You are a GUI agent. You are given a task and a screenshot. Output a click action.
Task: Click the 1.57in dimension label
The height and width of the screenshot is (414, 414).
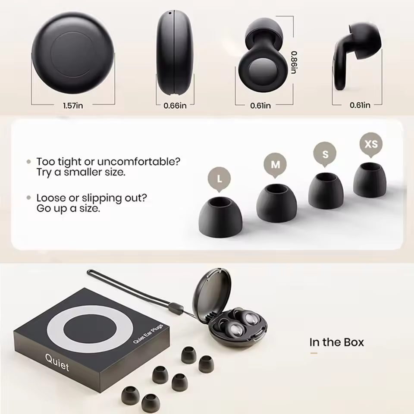pos(73,105)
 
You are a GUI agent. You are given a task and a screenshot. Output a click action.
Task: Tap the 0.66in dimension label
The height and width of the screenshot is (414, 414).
pos(175,105)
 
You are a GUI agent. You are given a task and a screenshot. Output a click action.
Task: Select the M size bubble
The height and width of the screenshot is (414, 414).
pos(275,164)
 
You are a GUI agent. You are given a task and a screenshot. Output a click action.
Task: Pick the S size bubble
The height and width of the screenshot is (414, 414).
pos(326,154)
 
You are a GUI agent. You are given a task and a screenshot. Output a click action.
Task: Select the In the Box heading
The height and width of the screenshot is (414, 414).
pos(336,342)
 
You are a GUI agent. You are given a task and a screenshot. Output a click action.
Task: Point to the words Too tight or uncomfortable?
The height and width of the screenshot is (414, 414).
pos(108,162)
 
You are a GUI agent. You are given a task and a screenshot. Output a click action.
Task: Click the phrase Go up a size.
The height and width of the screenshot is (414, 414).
pos(68,208)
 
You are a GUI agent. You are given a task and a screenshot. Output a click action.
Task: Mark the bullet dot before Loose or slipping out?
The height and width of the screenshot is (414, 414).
pos(29,198)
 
